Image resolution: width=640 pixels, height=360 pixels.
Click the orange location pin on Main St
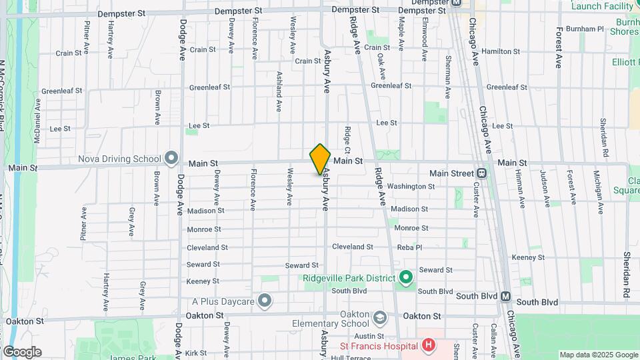pos(320,159)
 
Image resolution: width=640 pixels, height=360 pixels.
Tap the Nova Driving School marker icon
pos(171,159)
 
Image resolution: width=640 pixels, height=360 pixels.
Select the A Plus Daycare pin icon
pos(265,301)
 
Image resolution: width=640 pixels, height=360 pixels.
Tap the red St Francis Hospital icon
pos(428,345)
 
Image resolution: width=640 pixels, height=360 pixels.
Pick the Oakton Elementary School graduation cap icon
pos(380,316)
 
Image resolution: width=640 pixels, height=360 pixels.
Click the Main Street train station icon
pos(482,173)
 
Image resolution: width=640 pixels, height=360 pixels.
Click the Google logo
pos(22,352)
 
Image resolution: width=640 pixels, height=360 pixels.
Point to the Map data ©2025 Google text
pos(598,355)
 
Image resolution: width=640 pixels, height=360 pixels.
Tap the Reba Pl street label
pos(409,247)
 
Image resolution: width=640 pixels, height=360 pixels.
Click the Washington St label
pos(411,186)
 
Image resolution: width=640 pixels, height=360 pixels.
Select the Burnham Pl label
pos(584,29)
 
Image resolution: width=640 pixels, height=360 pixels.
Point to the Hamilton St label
pos(500,51)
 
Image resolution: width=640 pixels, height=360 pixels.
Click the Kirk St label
pos(196,353)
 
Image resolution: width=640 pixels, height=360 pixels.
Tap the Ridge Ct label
pos(347,138)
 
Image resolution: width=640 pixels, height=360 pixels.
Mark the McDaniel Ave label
pos(38,113)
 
